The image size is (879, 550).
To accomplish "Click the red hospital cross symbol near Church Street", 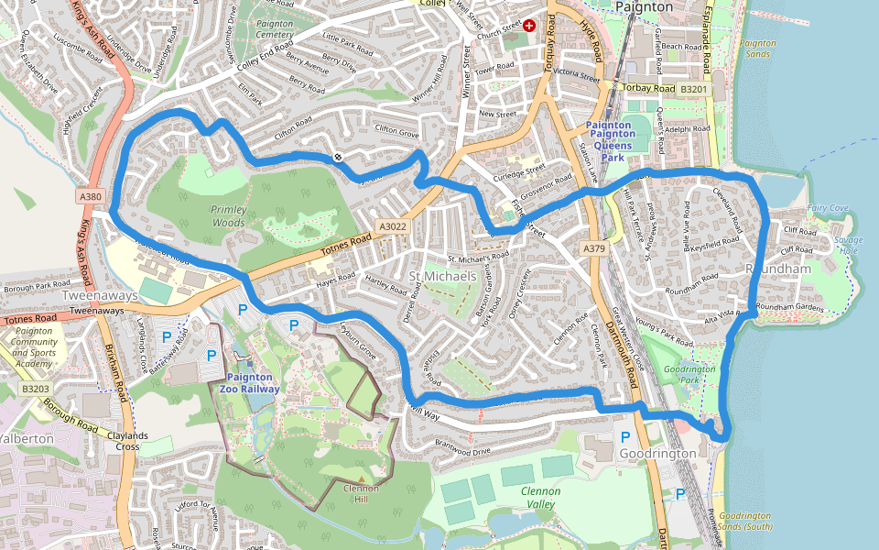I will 528,27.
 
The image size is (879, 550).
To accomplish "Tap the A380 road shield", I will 90,196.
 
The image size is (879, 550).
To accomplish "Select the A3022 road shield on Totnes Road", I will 392,226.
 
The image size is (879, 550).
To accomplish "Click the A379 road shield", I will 594,247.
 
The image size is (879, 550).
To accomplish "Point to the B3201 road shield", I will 694,88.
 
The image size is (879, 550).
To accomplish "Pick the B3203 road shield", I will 34,389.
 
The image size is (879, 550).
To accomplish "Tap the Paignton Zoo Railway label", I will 249,382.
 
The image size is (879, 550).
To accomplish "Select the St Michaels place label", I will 442,276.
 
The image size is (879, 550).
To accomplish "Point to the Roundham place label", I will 778,269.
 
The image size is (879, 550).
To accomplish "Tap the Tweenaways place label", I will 99,295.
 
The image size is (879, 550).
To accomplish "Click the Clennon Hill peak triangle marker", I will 361,478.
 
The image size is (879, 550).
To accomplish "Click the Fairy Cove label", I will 827,208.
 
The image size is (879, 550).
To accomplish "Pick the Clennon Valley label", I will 539,498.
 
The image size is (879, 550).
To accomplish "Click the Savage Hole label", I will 848,245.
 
